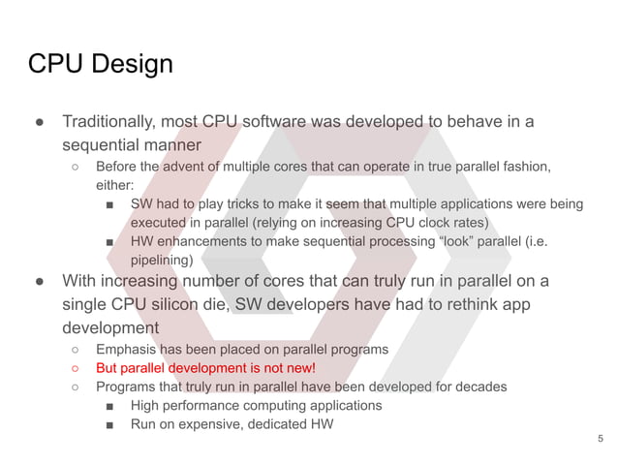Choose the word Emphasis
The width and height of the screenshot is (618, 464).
click(127, 349)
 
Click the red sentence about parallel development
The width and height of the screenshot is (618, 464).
click(205, 368)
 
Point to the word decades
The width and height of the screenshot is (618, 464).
click(479, 387)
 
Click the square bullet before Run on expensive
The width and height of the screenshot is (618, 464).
click(110, 423)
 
